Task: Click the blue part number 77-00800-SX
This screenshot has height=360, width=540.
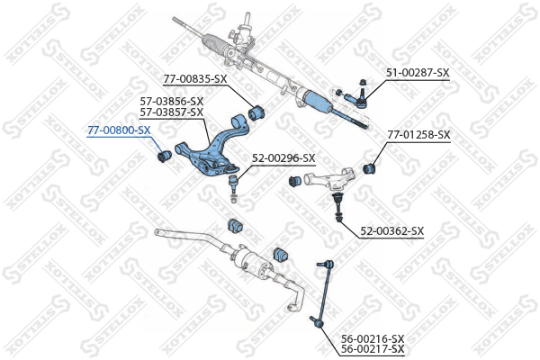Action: (x=119, y=130)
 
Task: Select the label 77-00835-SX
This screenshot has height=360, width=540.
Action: (x=195, y=79)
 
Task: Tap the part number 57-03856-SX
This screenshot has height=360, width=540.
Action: (x=172, y=102)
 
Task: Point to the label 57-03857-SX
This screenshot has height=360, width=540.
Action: (x=172, y=112)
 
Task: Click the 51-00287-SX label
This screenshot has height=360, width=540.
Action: (x=418, y=73)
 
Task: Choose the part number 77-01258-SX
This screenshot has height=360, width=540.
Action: (x=418, y=135)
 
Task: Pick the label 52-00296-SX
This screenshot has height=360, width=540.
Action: (x=283, y=158)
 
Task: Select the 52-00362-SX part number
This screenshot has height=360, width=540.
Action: (x=391, y=230)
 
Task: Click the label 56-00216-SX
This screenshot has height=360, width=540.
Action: (x=373, y=338)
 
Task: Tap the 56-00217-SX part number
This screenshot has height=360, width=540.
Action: (x=373, y=349)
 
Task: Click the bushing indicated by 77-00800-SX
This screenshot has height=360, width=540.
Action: (x=165, y=157)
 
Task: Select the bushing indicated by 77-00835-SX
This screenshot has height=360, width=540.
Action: (x=256, y=112)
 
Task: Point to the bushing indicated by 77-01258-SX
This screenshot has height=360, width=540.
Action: (x=370, y=168)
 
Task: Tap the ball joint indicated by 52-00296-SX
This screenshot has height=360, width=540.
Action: (x=234, y=188)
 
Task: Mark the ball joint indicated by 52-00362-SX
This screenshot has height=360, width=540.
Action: (x=337, y=207)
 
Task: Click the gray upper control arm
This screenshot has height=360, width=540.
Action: (x=328, y=178)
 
